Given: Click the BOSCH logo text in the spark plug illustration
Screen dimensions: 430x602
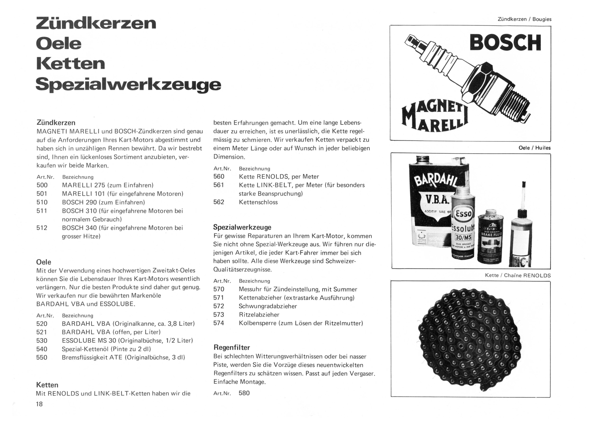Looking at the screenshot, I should pos(505,43).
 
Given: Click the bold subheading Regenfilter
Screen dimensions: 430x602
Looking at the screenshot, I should pos(232,347).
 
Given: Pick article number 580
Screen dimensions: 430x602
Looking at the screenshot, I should pos(244,393).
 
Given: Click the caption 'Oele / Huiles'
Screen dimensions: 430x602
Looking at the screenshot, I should pos(534,148).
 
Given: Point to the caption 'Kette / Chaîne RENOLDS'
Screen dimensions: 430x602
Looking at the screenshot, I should pos(518,275).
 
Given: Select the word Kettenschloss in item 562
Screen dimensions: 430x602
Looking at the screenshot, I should pos(258,202).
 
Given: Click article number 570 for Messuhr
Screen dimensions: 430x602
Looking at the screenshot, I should pos(219,289).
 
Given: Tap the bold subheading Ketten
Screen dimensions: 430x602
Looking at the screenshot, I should pos(47,385).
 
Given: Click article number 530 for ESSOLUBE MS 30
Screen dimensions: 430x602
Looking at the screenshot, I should pos(42,340).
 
